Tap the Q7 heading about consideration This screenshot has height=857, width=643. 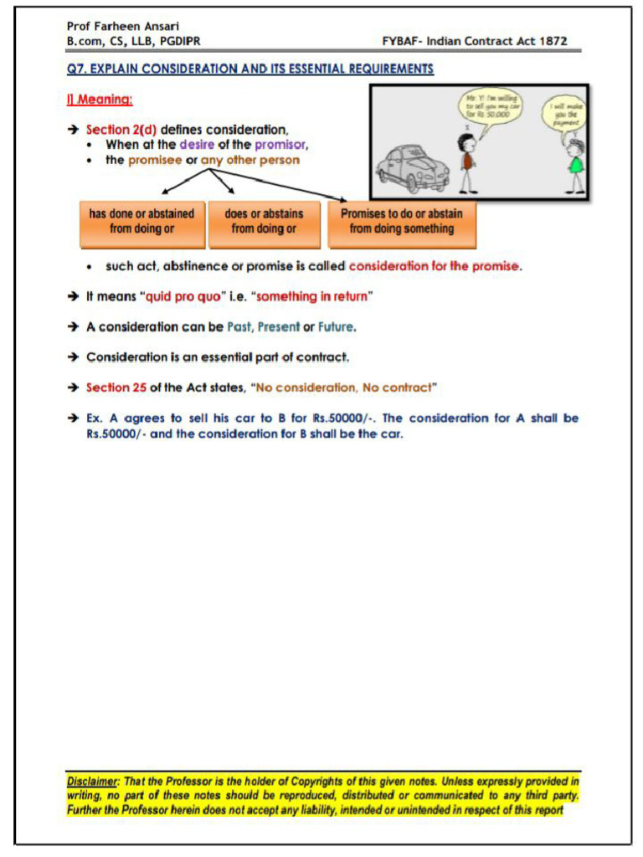pyautogui.click(x=250, y=69)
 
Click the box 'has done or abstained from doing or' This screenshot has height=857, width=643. pyautogui.click(x=141, y=222)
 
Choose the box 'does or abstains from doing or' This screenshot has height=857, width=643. pyautogui.click(x=264, y=222)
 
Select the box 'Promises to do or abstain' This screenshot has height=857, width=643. pyautogui.click(x=401, y=222)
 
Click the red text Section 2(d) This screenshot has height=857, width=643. pyautogui.click(x=121, y=130)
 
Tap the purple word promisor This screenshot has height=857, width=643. pyautogui.click(x=281, y=145)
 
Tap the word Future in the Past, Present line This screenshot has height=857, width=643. pyautogui.click(x=336, y=327)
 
